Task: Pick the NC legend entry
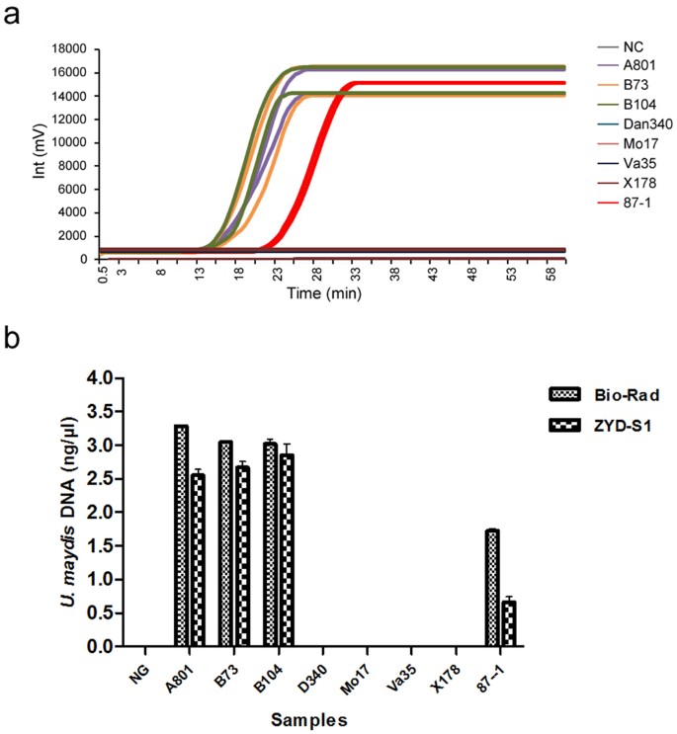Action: coord(633,46)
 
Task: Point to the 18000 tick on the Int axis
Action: coord(69,49)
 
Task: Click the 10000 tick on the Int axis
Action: coord(69,142)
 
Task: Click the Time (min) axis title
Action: coord(321,294)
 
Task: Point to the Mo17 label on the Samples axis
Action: coord(362,674)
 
